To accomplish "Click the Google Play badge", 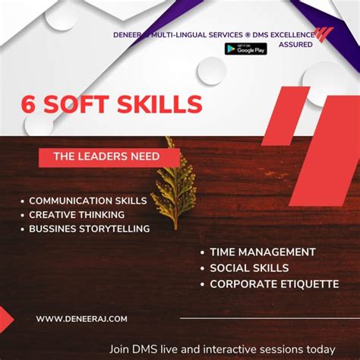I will click(245, 48).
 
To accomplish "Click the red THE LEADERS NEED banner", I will click(109, 157).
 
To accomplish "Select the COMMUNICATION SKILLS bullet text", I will click(87, 201).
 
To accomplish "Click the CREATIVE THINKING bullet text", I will click(77, 215).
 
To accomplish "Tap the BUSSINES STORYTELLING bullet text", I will click(89, 229).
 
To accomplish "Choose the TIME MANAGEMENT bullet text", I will click(263, 252).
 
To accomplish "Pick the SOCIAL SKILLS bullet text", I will click(249, 268).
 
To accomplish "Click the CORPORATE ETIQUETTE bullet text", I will click(274, 284).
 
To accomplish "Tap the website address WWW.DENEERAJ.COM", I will click(81, 319).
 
